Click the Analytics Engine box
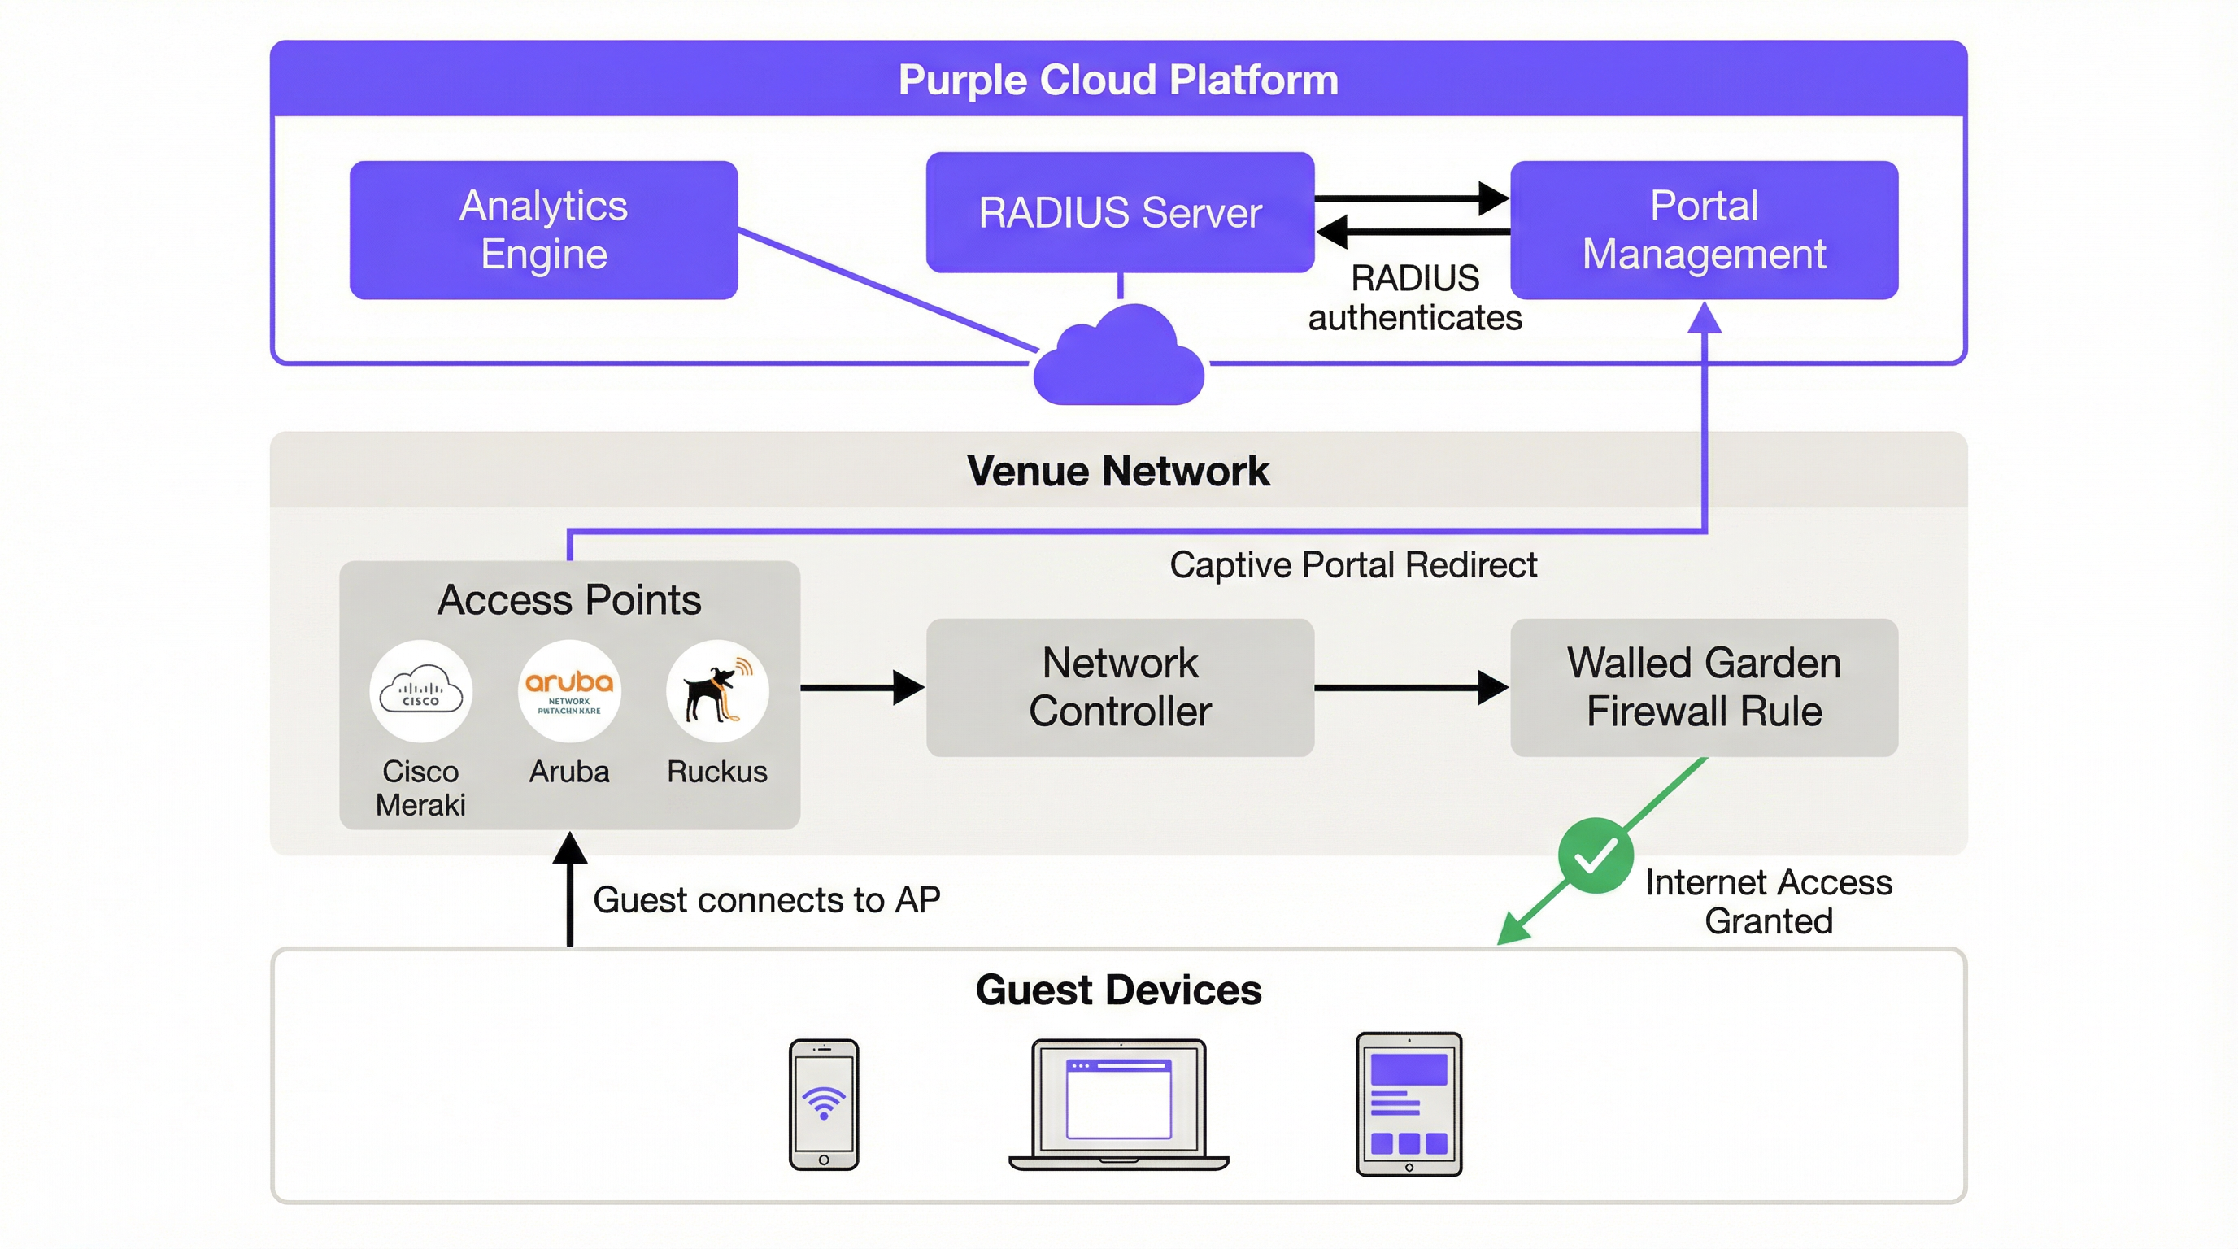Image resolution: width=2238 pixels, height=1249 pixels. click(543, 230)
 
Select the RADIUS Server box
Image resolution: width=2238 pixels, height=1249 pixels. click(1119, 213)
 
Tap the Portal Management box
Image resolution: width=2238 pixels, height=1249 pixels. click(1704, 230)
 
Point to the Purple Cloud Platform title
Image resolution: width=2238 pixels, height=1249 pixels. click(1118, 80)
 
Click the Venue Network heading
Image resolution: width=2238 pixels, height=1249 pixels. click(1118, 471)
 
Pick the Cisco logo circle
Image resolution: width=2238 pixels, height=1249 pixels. click(421, 691)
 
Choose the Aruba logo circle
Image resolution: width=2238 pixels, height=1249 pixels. click(569, 691)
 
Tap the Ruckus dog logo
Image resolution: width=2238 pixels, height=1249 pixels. click(716, 691)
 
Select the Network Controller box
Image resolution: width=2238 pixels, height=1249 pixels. click(1119, 687)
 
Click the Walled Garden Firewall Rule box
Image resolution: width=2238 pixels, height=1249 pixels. click(1704, 687)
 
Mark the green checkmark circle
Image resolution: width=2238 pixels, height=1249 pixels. click(1595, 855)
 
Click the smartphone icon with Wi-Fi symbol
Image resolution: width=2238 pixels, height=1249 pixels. click(824, 1104)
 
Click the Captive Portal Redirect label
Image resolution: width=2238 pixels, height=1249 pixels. click(1352, 565)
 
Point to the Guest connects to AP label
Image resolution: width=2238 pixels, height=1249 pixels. click(766, 900)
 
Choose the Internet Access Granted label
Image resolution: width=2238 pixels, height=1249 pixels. click(1768, 902)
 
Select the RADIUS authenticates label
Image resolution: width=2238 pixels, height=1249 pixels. click(1414, 298)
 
